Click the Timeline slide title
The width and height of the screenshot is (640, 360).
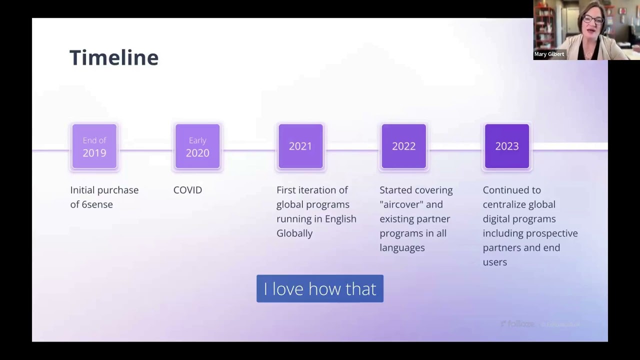tap(114, 57)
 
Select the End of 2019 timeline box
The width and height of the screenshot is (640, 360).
tap(94, 146)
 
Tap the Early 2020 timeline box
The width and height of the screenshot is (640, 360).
tap(197, 146)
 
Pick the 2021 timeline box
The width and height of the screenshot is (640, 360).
tap(300, 146)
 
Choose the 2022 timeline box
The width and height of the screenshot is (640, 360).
tap(403, 146)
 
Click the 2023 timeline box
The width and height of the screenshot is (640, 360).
tap(506, 146)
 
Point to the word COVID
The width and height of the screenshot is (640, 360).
tap(187, 190)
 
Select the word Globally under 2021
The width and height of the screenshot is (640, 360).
tap(294, 233)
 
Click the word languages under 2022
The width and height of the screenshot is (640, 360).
tap(402, 248)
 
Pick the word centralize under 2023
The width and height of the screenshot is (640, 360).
tap(505, 204)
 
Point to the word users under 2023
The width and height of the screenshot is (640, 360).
tap(494, 262)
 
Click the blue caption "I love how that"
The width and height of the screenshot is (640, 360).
tap(320, 289)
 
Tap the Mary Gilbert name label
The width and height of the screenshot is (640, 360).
tap(549, 54)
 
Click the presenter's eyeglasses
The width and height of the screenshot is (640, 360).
tap(593, 20)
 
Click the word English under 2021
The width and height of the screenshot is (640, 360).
tap(340, 219)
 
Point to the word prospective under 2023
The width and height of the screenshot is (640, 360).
tap(554, 233)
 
